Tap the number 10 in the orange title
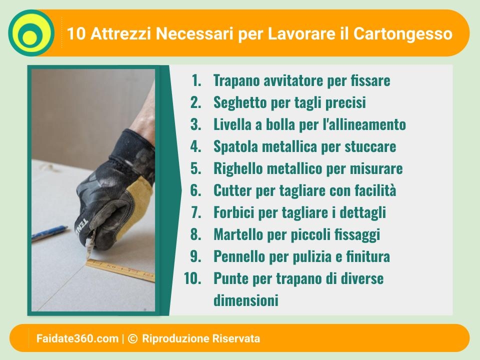pos(76,33)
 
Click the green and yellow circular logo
pos(31,33)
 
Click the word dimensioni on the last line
pos(246,300)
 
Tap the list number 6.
pos(195,190)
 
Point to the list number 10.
pos(192,278)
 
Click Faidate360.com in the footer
pos(77,338)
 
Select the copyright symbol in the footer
pos(132,338)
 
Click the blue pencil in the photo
pos(49,232)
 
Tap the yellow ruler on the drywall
pos(120,269)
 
